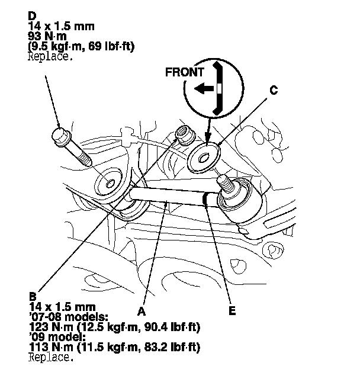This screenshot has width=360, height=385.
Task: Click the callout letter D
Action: click(32, 16)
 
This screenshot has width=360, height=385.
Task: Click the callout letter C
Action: click(274, 90)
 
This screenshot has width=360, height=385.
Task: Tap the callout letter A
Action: click(142, 312)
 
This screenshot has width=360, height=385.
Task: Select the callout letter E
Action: click(232, 310)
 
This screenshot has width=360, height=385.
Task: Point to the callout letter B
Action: click(33, 296)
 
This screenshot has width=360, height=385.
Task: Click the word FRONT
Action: click(185, 72)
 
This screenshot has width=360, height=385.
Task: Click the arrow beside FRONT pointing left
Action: click(204, 88)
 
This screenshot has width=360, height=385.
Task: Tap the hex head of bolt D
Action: click(61, 136)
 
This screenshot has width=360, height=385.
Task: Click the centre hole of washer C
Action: click(204, 158)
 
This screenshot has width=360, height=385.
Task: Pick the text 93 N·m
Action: click(47, 37)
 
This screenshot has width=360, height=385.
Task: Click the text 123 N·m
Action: click(51, 328)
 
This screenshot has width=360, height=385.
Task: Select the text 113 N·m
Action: click(51, 348)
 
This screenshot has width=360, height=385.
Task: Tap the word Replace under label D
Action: click(50, 57)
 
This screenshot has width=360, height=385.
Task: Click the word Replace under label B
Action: click(51, 357)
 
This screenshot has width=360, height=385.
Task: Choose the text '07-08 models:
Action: click(69, 317)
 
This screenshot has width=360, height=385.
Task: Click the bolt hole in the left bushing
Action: click(110, 184)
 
